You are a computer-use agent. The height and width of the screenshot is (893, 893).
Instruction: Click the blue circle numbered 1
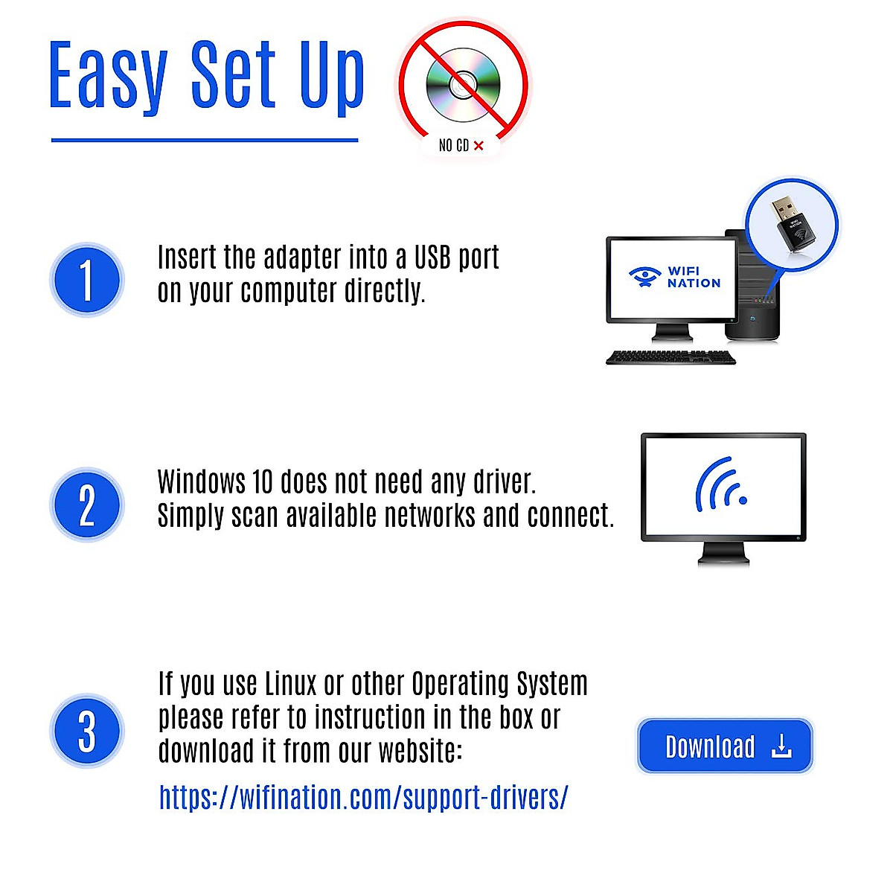[x=86, y=280]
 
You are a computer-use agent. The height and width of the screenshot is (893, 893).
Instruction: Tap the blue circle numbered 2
[x=86, y=505]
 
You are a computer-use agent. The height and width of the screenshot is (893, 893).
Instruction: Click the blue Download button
[x=724, y=746]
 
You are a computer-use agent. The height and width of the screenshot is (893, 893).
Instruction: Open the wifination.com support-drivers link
[x=363, y=797]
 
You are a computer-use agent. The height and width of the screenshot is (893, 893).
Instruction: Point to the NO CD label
[x=453, y=145]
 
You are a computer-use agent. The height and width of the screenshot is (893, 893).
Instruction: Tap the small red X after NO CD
[x=478, y=146]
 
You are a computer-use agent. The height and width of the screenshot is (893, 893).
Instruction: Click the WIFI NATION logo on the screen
[x=674, y=278]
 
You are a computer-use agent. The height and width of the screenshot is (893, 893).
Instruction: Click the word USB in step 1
[x=432, y=257]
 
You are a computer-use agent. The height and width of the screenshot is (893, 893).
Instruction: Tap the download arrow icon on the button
[x=781, y=746]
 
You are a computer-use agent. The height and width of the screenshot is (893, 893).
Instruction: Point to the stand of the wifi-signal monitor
[x=723, y=554]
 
